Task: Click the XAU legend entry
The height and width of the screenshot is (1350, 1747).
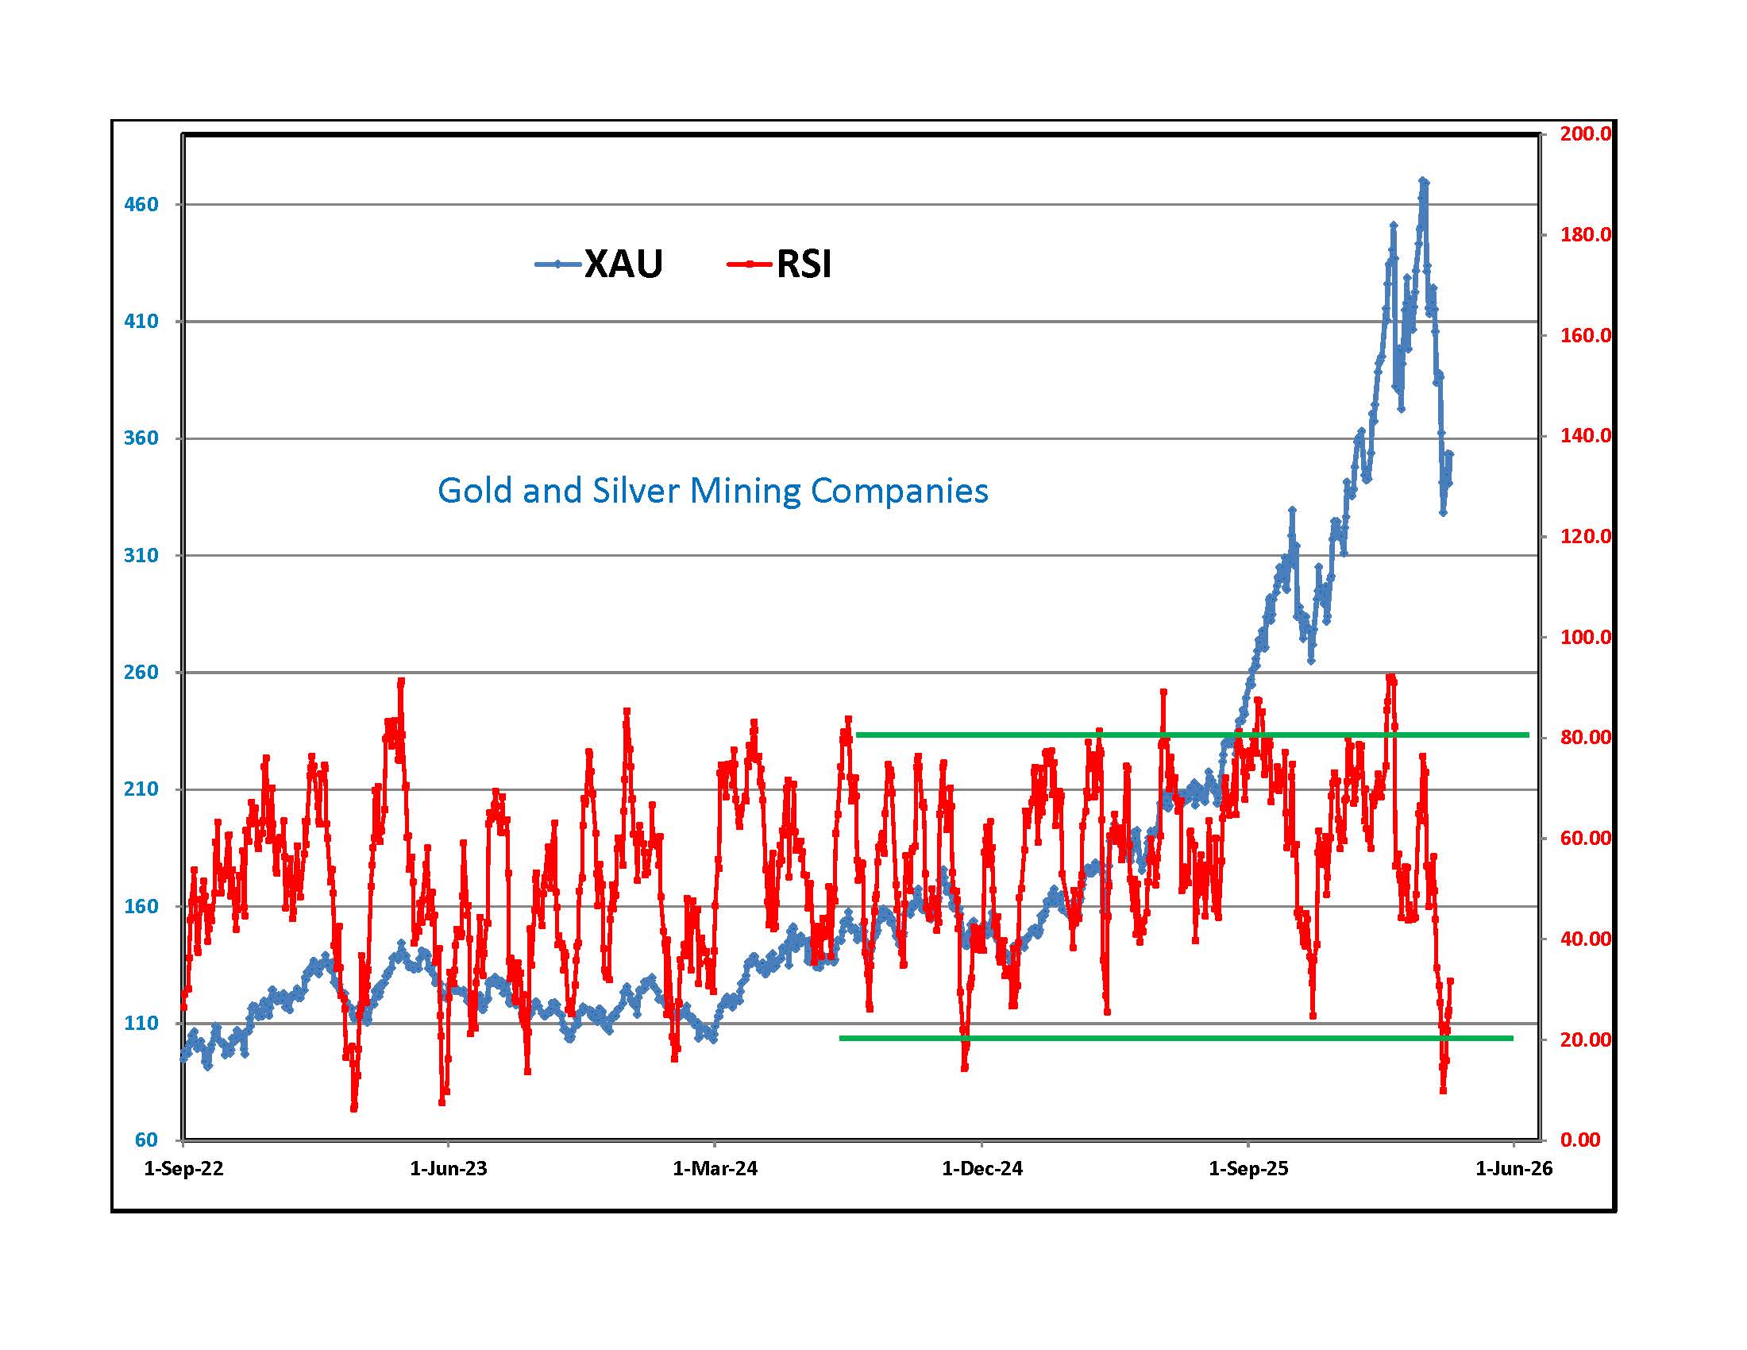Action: pyautogui.click(x=600, y=264)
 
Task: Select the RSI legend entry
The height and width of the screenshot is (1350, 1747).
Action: pyautogui.click(x=780, y=264)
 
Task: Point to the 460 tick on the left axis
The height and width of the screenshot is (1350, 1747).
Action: pyautogui.click(x=141, y=205)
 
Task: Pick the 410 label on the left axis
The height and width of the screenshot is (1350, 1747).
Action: pyautogui.click(x=141, y=322)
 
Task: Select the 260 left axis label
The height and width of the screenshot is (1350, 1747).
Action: pyautogui.click(x=141, y=673)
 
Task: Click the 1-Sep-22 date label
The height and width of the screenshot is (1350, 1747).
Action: pyautogui.click(x=183, y=1169)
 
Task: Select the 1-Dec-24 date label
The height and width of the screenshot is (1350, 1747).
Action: pyautogui.click(x=981, y=1169)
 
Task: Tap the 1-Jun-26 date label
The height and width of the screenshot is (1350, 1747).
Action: pyautogui.click(x=1514, y=1169)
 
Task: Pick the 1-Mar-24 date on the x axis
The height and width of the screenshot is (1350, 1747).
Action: pyautogui.click(x=715, y=1169)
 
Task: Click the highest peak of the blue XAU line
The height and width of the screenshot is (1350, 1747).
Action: pyautogui.click(x=1423, y=181)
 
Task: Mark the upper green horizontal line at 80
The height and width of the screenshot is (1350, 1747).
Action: pyautogui.click(x=1192, y=735)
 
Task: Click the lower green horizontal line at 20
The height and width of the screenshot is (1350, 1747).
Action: pyautogui.click(x=1176, y=1038)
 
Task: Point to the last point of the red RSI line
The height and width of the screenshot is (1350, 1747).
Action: pyautogui.click(x=1450, y=981)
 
